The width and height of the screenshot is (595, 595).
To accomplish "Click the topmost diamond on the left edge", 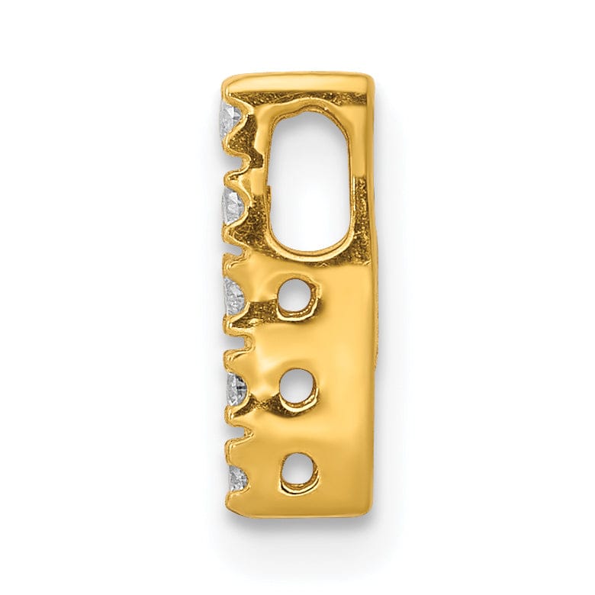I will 231,118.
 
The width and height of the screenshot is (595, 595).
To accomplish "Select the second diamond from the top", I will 233,204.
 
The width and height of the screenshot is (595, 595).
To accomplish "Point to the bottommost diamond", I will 238,478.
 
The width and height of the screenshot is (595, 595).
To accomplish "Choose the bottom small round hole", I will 298,471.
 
